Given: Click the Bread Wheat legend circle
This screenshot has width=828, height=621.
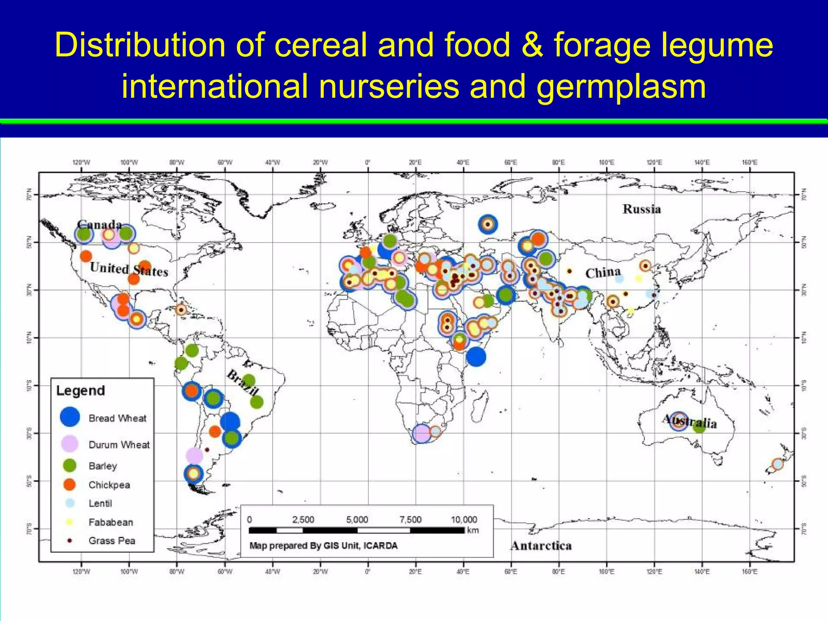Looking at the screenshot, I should point(70,417).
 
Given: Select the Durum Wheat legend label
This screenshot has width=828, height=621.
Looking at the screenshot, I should point(119,445).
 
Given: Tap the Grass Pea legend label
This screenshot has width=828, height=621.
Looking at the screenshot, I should point(112,541).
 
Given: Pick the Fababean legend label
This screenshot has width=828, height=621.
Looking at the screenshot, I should point(111,522).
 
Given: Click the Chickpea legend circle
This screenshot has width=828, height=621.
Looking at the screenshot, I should point(70,484).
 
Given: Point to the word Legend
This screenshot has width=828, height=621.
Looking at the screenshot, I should point(80,391).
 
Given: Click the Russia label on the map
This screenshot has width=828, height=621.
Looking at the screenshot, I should point(642,209).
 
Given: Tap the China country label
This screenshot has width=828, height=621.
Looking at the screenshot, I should point(602,273).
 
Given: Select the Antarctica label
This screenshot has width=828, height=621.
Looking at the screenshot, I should point(541,546).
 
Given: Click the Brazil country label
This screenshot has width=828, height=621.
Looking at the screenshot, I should point(242,382).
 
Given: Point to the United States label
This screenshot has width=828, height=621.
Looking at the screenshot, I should point(129,269).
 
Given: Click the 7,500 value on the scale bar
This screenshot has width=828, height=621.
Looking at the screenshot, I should point(410,520).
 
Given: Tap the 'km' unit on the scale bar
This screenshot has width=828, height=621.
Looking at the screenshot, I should point(473,530).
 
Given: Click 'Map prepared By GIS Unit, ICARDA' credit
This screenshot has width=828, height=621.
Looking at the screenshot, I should point(323,546).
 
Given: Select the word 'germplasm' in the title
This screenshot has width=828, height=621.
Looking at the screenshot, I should point(621,87).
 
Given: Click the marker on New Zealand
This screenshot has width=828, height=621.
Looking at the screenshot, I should point(777,464).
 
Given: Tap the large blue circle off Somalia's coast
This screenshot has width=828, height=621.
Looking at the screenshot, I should point(476,357).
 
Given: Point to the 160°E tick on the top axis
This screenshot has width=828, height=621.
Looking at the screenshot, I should point(750,163).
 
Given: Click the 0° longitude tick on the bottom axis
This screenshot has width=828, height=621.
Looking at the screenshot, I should point(368,572).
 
